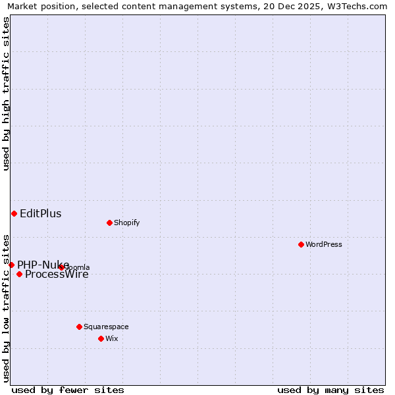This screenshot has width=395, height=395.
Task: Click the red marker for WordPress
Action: coord(301,244)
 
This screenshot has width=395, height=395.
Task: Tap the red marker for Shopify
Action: coord(109,223)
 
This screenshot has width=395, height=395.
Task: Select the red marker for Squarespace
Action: coord(79,327)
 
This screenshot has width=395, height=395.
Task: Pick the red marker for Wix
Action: coord(101,338)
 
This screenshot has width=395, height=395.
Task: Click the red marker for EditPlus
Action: coord(14,213)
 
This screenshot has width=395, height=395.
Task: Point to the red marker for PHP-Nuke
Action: coord(11,265)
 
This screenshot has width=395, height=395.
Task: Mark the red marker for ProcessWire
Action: coord(19,274)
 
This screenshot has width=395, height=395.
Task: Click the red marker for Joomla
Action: coord(61,267)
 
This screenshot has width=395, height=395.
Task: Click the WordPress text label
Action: coord(324,244)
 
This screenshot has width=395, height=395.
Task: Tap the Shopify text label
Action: coord(126,223)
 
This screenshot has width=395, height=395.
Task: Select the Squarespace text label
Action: coord(106,327)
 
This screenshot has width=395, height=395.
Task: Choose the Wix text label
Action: coord(111,338)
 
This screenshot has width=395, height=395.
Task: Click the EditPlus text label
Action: coord(40,213)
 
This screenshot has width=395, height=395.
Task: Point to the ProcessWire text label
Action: coord(57,275)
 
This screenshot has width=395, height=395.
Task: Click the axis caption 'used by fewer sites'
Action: coord(68,390)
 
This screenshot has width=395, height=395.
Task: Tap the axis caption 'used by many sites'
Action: coord(330,390)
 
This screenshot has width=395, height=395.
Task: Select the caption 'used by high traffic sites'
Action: coord(6,93)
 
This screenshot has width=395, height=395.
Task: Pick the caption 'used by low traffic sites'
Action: coord(6,307)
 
